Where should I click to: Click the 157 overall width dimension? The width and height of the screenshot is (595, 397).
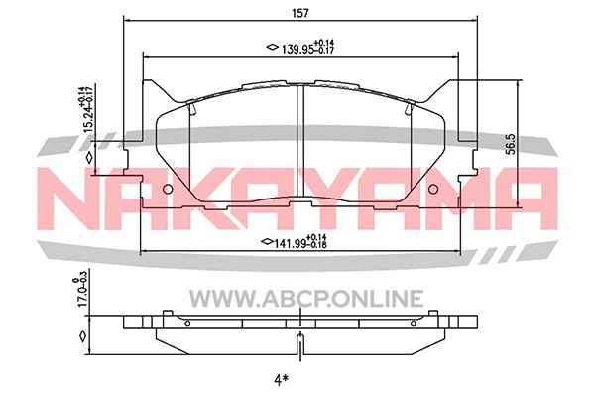[300, 13]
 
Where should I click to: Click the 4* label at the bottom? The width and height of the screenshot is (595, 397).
[279, 380]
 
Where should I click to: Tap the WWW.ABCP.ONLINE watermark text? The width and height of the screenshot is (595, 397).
[306, 298]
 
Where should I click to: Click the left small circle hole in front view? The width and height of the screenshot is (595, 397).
[168, 190]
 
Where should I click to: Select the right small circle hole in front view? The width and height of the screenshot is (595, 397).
[433, 190]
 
